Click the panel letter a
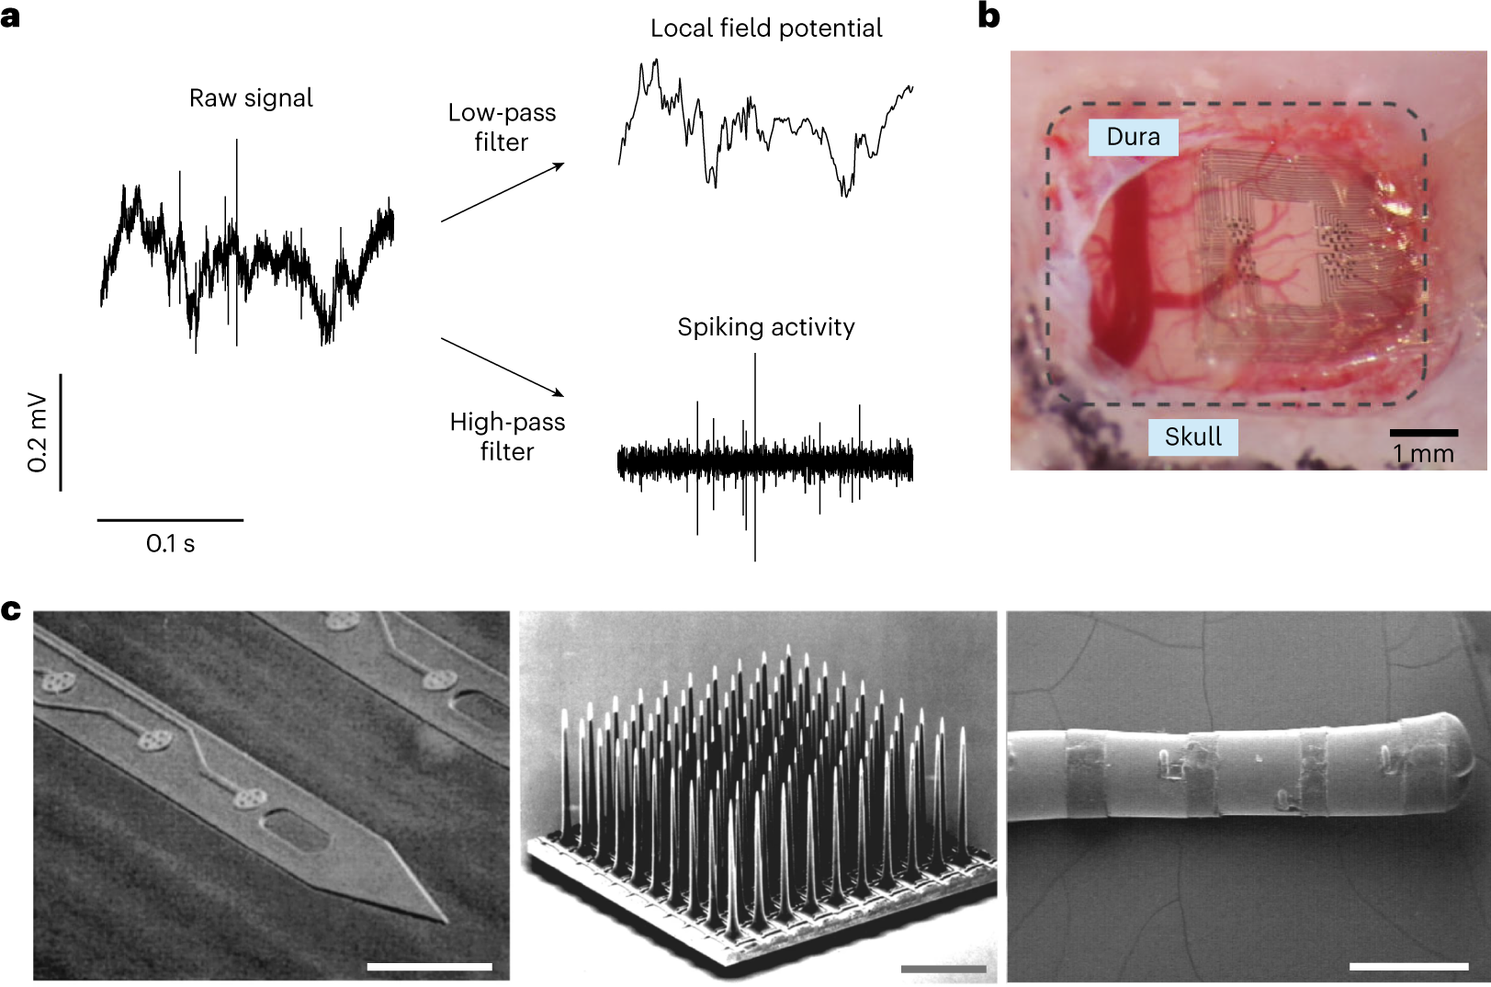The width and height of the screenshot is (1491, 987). point(10,17)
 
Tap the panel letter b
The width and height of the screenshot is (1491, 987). point(989,17)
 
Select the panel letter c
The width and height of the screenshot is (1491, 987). point(11,610)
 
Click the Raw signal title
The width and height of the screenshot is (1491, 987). point(251,98)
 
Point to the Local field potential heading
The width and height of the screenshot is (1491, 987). point(766,28)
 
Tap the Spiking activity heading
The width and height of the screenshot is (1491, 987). point(766,327)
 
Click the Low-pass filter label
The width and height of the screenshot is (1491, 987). point(502,127)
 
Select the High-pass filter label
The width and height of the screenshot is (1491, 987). point(507,437)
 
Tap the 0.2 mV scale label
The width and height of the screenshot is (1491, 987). point(38,432)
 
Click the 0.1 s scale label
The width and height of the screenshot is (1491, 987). point(170,544)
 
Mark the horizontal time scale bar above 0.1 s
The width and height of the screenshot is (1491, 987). point(170,520)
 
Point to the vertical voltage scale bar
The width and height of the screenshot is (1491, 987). point(61,432)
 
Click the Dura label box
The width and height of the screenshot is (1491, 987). point(1133,137)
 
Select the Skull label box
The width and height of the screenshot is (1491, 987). point(1192,437)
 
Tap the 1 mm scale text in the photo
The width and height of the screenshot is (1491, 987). point(1423,454)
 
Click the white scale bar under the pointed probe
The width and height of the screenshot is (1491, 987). point(429,966)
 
